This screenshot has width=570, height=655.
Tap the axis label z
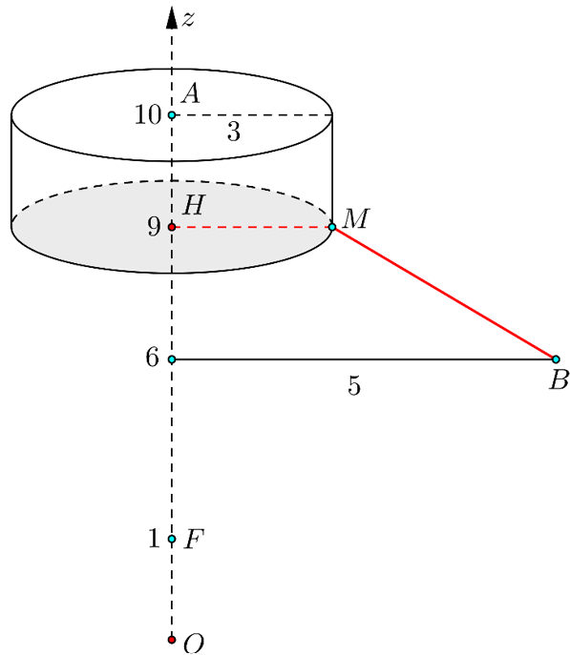tap(188, 19)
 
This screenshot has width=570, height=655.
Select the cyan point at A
tap(172, 114)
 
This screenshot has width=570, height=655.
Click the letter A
tap(191, 93)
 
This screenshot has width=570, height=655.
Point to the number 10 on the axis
tap(148, 114)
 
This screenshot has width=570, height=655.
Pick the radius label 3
tap(234, 132)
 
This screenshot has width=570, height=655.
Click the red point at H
tap(172, 227)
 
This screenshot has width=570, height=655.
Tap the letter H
tap(194, 205)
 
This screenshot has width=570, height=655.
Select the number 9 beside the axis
tap(154, 227)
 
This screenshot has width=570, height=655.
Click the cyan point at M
tap(332, 227)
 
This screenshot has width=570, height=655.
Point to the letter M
tap(355, 218)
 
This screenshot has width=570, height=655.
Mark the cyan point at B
tap(556, 359)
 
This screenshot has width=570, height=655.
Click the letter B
tap(559, 380)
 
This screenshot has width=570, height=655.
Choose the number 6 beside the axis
tap(153, 358)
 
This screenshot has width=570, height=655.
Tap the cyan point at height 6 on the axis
tap(172, 359)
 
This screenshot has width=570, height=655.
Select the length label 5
tap(354, 385)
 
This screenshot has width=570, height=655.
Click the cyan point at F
tap(172, 539)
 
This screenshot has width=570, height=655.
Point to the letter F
tap(195, 540)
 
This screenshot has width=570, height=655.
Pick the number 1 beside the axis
tap(155, 538)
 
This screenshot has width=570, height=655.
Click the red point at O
tap(172, 640)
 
